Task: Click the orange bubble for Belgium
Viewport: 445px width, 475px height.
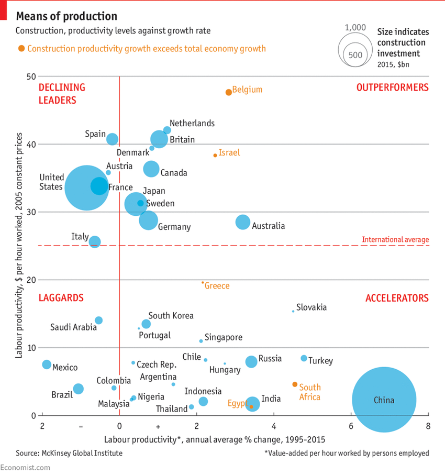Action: click(228, 92)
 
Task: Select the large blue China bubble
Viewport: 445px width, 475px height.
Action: click(384, 400)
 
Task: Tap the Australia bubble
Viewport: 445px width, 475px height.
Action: click(242, 222)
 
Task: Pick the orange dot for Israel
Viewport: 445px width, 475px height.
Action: click(215, 156)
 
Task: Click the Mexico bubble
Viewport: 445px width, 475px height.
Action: click(47, 364)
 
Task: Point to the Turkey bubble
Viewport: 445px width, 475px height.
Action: click(304, 358)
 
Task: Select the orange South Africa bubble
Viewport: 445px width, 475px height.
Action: click(295, 384)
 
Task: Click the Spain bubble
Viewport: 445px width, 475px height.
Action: click(112, 139)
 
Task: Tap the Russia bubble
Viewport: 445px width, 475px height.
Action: click(251, 361)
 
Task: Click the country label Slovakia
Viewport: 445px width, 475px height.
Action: click(311, 307)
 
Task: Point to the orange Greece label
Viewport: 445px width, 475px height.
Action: click(217, 286)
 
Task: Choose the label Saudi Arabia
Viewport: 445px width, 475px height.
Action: click(73, 327)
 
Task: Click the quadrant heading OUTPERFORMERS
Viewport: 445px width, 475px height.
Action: click(392, 87)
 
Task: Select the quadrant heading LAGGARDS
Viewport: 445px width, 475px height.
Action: click(61, 298)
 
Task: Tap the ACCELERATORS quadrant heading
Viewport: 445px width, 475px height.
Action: click(397, 298)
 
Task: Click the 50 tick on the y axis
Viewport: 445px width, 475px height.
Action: click(31, 76)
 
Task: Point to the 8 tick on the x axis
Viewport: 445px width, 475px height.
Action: click(428, 426)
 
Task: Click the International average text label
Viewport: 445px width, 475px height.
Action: click(395, 240)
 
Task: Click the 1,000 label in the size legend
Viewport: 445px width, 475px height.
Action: click(355, 27)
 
